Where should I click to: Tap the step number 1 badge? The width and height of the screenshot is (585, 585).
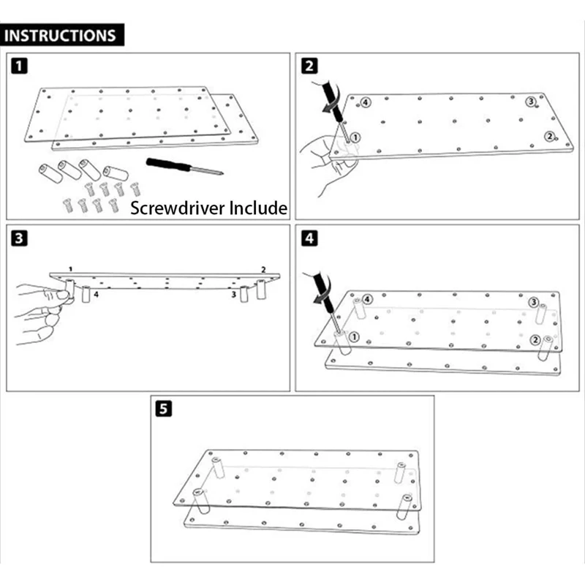(20, 67)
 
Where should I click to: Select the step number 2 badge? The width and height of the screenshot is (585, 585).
(310, 67)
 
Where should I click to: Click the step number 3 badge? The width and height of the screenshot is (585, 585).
(20, 238)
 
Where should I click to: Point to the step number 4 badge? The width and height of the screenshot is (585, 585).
(310, 238)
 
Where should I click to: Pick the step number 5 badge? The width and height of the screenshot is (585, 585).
(165, 409)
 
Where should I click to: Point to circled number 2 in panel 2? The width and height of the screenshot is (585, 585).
(548, 136)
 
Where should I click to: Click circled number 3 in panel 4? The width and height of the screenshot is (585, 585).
(534, 303)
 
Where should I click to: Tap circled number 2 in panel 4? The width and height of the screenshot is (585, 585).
(535, 339)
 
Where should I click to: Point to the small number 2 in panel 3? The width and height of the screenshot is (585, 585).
(263, 270)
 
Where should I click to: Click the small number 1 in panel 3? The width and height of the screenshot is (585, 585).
(70, 269)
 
